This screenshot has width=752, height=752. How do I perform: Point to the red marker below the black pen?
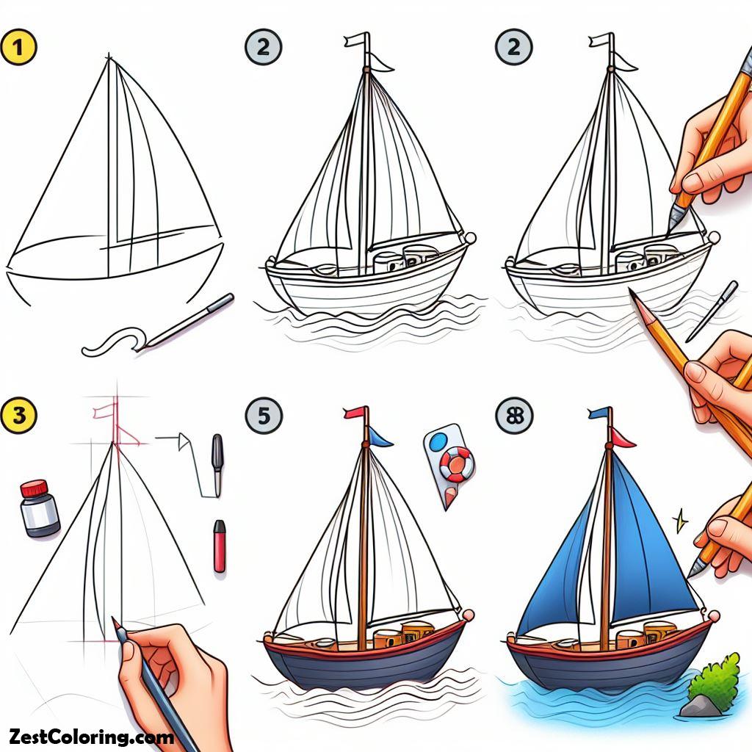tap(219, 546)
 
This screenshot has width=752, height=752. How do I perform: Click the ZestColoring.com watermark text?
tap(91, 736)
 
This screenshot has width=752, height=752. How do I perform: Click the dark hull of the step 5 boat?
tap(364, 665)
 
